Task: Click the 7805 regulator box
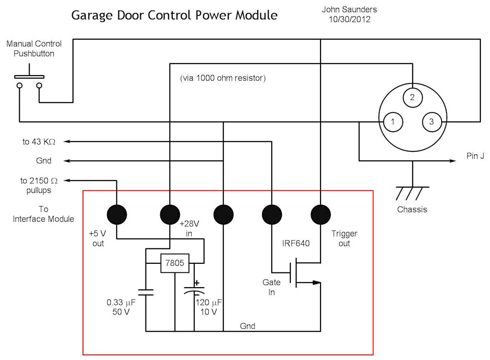click(175, 263)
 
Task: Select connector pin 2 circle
click(412, 98)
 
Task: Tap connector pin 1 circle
click(392, 122)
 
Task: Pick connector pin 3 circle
click(432, 122)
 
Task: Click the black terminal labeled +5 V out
click(116, 214)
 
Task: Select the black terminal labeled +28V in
click(170, 214)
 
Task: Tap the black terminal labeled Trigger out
click(320, 214)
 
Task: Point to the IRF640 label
click(296, 243)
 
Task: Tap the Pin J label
click(475, 157)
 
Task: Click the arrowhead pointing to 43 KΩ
click(67, 141)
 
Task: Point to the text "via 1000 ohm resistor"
click(223, 78)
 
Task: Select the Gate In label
click(271, 287)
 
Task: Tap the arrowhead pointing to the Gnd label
click(67, 161)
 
